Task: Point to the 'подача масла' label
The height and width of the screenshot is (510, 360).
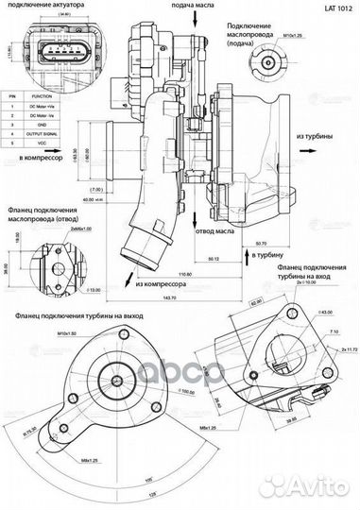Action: click(x=192, y=5)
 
